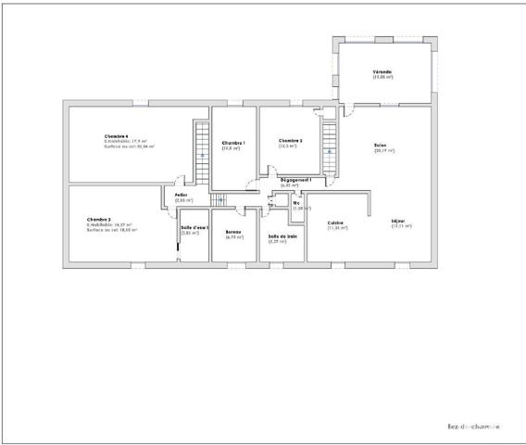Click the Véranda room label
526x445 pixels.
click(382, 71)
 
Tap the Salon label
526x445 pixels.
click(380, 146)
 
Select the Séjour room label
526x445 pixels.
click(399, 222)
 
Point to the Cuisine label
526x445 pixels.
click(336, 222)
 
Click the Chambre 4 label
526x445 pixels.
click(117, 136)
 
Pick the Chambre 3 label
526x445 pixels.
click(98, 220)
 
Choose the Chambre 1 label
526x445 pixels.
click(232, 143)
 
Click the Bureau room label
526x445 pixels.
click(233, 232)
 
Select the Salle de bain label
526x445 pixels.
click(282, 235)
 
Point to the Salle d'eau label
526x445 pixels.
click(194, 228)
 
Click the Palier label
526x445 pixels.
click(182, 195)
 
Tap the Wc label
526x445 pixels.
click(296, 203)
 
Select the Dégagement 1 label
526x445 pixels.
click(295, 180)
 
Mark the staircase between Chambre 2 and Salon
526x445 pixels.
click(329, 145)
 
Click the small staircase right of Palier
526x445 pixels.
click(219, 199)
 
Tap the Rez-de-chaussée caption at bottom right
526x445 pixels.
click(473, 426)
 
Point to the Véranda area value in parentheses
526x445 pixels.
click(382, 77)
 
